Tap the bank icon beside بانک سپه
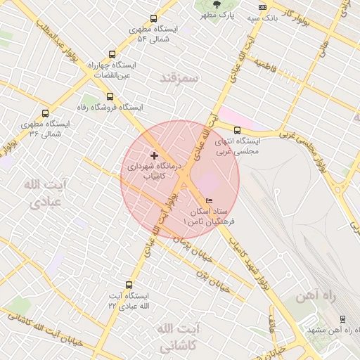(263, 7)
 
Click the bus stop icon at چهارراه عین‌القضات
(112, 54)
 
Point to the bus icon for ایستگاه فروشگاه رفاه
(109, 96)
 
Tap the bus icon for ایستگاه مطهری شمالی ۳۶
(46, 113)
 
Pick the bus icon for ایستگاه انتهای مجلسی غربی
(237, 130)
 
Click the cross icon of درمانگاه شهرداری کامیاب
(155, 155)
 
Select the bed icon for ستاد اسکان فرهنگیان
(208, 202)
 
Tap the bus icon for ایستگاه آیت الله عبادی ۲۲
(129, 285)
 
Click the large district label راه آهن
(317, 296)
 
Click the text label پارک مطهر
(217, 15)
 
